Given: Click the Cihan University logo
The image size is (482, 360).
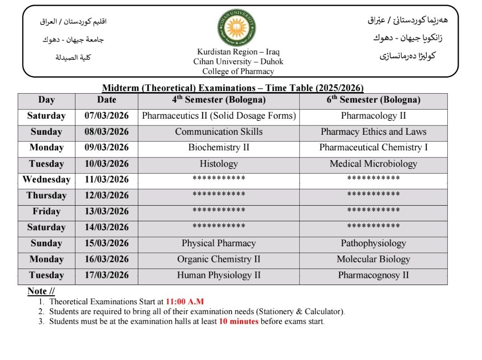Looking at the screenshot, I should pos(237,28).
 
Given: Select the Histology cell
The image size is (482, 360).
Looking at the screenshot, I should pos(219,164).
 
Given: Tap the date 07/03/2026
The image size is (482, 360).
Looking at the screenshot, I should pos(107,116).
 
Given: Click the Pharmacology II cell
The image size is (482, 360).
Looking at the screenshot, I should pos(374,116).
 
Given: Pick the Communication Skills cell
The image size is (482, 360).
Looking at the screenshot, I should pos(219,132).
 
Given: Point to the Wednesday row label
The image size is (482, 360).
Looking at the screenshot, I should pos(46,180).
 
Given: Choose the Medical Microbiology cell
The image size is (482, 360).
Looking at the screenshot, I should pos(374,164).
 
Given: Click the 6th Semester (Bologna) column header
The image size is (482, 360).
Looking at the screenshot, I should pos(374,100).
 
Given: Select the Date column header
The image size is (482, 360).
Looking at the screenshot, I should pos(107,100).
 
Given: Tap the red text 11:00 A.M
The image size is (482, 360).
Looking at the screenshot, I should pos(185,302).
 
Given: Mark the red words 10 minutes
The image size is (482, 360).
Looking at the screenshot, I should pos(239,321).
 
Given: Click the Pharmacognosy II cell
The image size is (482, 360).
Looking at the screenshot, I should pos(374,275).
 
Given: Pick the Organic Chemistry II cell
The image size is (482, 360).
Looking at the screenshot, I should pos(219,259).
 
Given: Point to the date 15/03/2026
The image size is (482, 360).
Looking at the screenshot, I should pos(107,244).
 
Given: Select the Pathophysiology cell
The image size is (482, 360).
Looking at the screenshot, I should pos(374,244).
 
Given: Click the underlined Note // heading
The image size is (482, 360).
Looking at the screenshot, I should pos(41,291).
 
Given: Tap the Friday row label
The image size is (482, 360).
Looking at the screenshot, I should pos(46,211).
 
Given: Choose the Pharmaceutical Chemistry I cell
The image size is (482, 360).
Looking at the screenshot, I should pos(374,148).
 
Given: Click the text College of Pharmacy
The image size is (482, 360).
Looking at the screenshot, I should pos(238,71).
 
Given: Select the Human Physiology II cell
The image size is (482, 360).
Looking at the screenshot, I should pos(219,275).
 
